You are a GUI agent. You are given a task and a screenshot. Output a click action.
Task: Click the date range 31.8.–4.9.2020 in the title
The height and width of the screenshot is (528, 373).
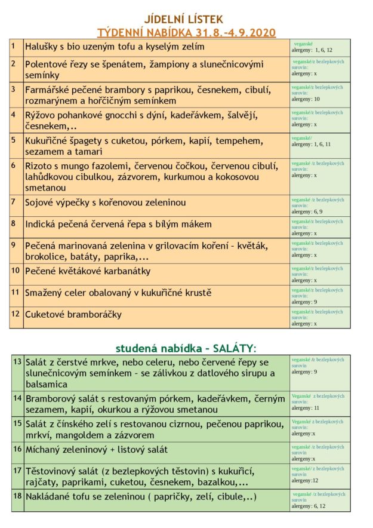coord(235,33)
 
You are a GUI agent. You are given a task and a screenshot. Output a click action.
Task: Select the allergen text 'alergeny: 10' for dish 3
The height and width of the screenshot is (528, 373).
coord(306,99)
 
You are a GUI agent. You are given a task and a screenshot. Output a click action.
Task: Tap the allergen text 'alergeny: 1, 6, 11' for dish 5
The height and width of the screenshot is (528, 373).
coord(311,144)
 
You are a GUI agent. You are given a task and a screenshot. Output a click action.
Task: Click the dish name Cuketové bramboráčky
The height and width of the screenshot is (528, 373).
coord(73,314)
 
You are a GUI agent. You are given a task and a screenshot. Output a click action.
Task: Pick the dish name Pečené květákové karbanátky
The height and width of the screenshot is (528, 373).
coord(88,271)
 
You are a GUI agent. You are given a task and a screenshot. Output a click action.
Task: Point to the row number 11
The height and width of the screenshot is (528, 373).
coord(16,291)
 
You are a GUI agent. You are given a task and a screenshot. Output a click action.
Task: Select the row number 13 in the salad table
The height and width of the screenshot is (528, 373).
coord(17,362)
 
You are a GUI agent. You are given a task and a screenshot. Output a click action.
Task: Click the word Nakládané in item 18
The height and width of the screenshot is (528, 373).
coord(51,497)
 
